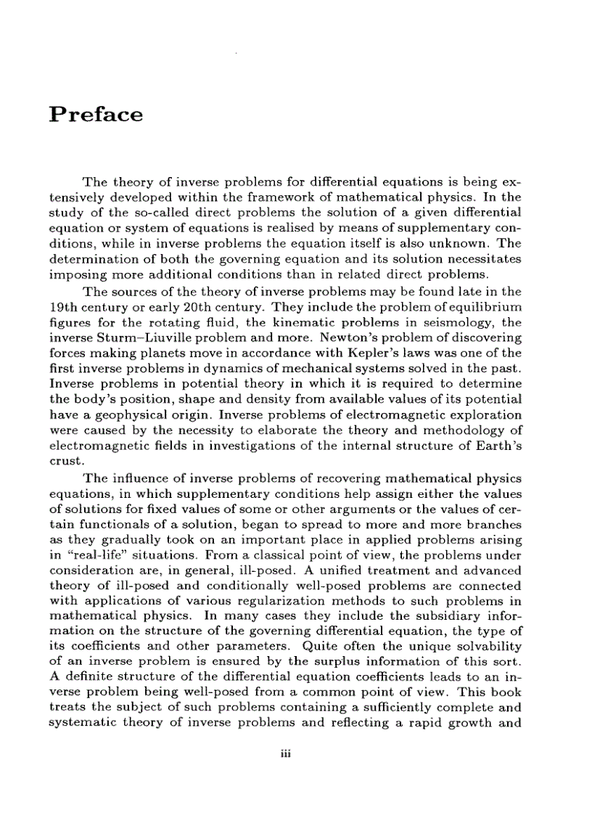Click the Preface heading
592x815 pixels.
(x=96, y=115)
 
